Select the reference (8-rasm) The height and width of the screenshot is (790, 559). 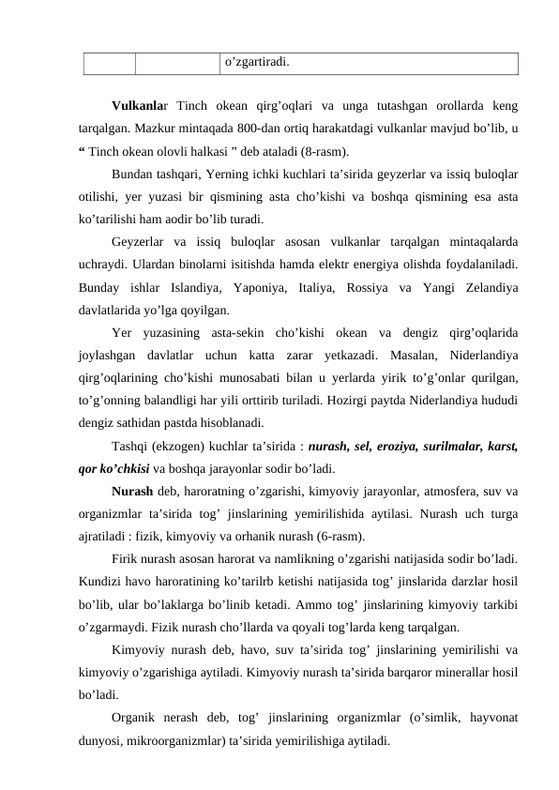(324, 150)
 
